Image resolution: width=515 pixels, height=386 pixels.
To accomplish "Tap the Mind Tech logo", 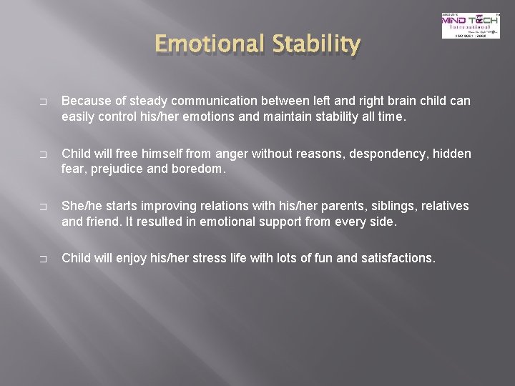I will (x=470, y=25).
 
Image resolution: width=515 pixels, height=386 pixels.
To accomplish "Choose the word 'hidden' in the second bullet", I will (x=452, y=154).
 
